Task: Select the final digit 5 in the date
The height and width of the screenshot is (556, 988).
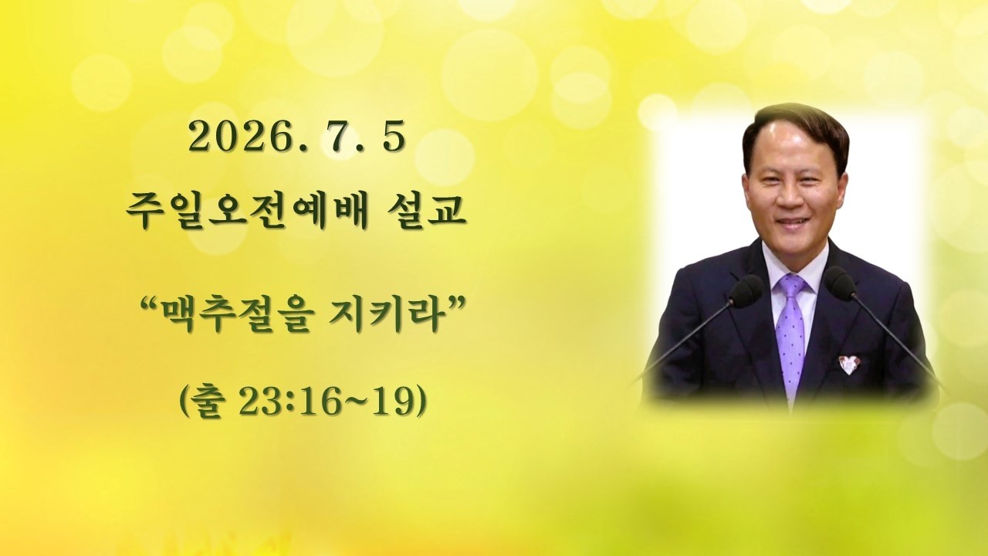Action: pyautogui.click(x=394, y=137)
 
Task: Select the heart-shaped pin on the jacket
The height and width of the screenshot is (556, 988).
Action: pyautogui.click(x=850, y=363)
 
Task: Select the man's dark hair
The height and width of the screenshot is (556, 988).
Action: pyautogui.click(x=794, y=128)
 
